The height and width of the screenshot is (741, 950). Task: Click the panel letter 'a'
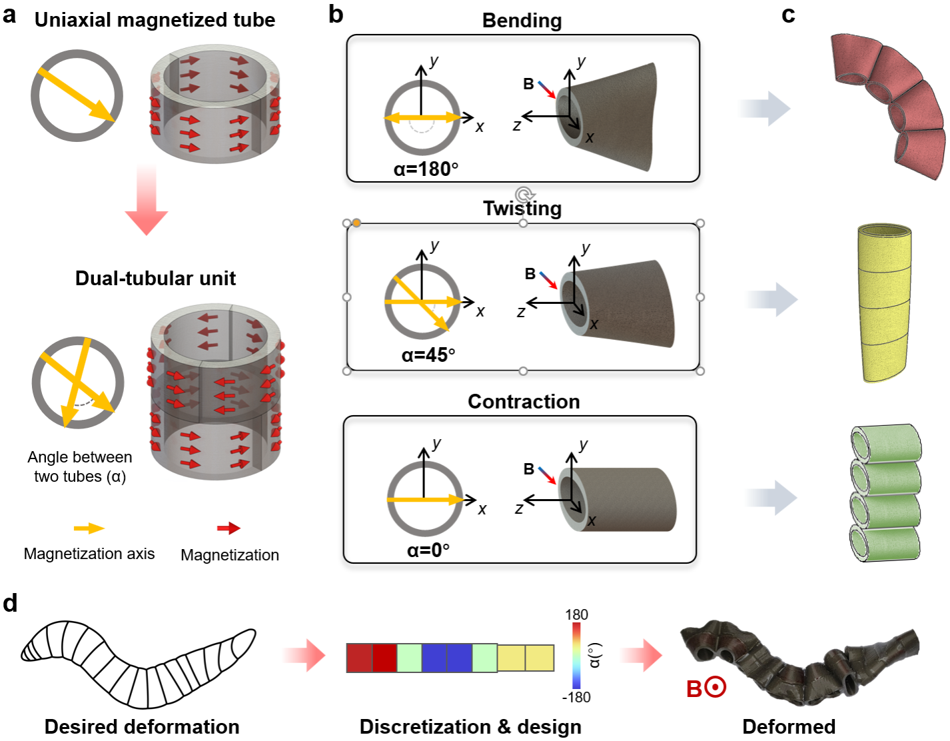[x=9, y=15]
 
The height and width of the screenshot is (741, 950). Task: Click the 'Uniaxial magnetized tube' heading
[x=155, y=20]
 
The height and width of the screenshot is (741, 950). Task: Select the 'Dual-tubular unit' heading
[x=155, y=278]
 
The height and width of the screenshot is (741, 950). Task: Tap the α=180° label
[x=426, y=169]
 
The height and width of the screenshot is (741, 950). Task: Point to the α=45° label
[x=428, y=355]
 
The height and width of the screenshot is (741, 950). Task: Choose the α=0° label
[x=428, y=550]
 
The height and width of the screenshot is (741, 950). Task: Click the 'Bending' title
[x=522, y=21]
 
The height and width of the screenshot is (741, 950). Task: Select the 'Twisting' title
[x=522, y=209]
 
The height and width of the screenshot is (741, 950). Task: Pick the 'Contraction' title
[x=524, y=401]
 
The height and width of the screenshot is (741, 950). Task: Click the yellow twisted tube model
[x=885, y=303]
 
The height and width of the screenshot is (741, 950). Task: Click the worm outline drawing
[x=138, y=662]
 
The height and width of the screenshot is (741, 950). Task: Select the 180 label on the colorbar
[x=576, y=614]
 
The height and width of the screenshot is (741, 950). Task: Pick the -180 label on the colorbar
[x=576, y=697]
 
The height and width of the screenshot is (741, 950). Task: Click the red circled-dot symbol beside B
[x=716, y=687]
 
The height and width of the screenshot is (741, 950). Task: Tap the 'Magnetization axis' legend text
[x=89, y=554]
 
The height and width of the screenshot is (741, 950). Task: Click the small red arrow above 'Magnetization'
[x=229, y=528]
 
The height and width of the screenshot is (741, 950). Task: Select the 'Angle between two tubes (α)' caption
[x=80, y=466]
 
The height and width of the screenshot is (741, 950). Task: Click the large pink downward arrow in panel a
[x=146, y=203]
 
